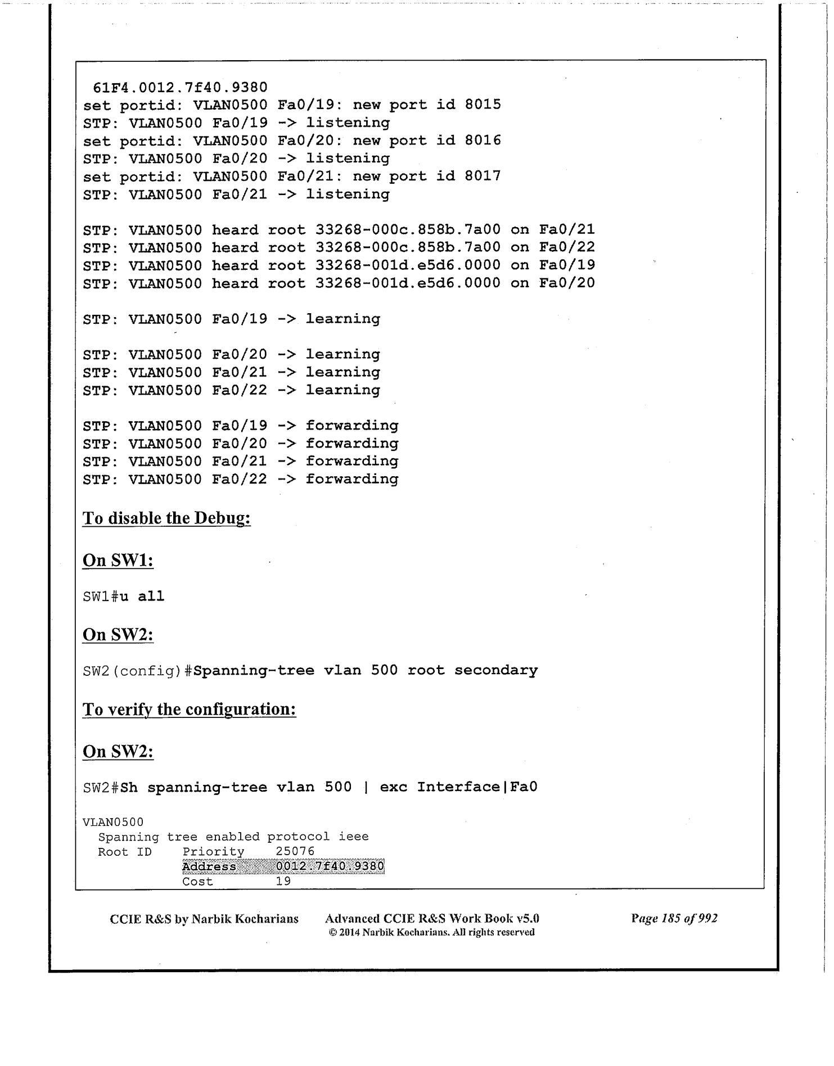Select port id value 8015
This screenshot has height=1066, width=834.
(x=483, y=105)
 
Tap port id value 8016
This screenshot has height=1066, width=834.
(x=483, y=141)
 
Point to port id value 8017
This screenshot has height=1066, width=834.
(x=483, y=177)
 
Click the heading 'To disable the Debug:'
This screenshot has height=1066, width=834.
(x=166, y=518)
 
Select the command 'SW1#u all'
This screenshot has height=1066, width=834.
(x=124, y=597)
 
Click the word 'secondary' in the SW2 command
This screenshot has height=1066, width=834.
(x=496, y=671)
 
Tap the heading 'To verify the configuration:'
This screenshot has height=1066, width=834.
(x=189, y=710)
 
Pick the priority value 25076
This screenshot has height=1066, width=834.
(x=295, y=852)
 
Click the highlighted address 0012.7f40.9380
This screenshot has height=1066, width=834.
(x=330, y=866)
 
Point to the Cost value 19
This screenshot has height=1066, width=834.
(x=283, y=881)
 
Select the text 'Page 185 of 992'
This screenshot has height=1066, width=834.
(x=674, y=919)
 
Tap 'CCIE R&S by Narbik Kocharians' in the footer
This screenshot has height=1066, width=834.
(x=204, y=919)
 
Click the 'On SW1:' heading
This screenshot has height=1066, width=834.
(x=118, y=561)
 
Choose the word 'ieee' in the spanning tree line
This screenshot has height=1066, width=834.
(x=353, y=837)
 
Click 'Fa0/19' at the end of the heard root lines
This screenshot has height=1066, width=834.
(x=567, y=265)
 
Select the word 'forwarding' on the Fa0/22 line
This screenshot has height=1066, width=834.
(x=352, y=480)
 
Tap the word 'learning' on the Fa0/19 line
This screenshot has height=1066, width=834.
(x=343, y=319)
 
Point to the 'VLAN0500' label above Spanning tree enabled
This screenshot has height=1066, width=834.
(x=113, y=823)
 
